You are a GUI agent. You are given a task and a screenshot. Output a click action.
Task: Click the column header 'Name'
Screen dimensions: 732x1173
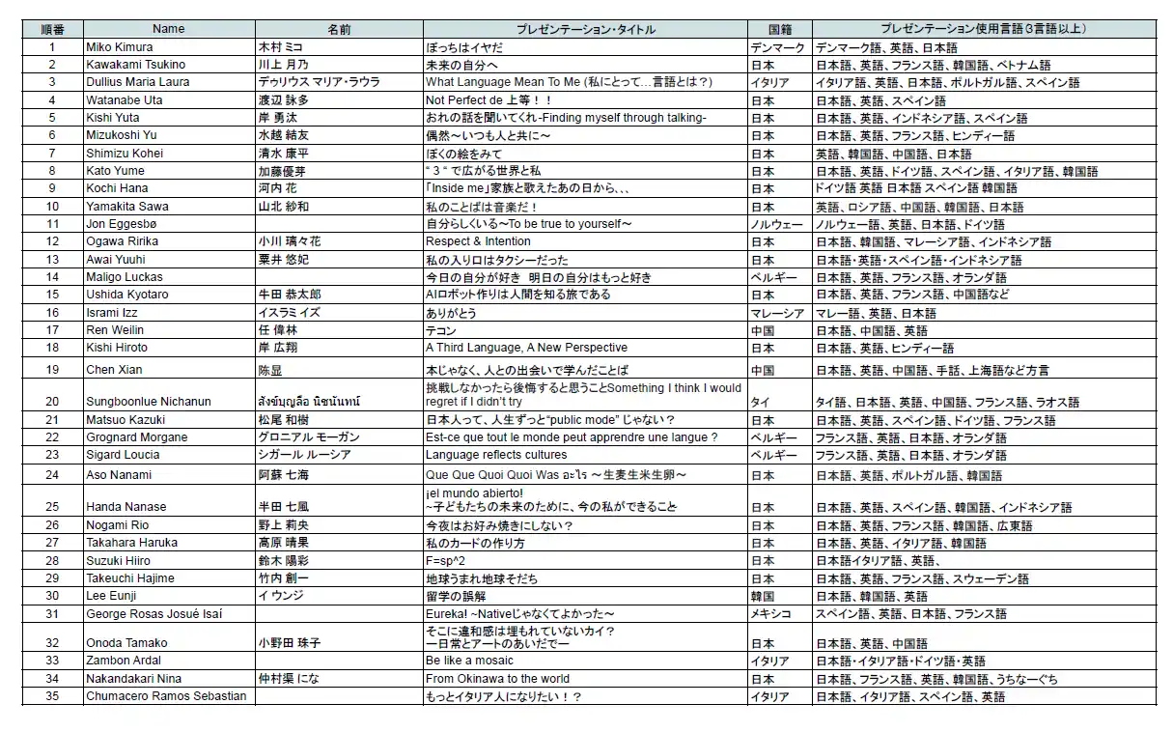click(168, 30)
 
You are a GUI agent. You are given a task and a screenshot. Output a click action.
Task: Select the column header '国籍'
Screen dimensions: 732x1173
click(779, 30)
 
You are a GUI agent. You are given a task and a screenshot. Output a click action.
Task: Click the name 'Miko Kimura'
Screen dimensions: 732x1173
click(120, 47)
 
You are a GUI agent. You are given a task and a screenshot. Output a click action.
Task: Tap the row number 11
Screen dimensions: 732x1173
click(52, 224)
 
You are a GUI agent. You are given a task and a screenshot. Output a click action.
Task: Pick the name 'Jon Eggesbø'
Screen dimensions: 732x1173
click(121, 224)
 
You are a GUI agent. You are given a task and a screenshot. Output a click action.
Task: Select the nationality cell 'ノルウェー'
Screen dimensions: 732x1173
click(777, 224)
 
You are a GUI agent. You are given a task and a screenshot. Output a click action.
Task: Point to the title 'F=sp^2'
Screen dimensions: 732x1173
click(446, 560)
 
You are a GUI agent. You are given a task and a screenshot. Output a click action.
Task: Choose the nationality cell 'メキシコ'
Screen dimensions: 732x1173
click(771, 613)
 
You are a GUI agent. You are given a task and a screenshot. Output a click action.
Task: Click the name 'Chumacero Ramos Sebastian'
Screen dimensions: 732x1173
click(166, 696)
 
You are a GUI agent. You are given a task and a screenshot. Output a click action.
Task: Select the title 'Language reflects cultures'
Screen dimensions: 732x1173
click(496, 455)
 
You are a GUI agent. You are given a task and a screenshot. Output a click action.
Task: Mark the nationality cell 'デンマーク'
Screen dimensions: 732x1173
click(777, 47)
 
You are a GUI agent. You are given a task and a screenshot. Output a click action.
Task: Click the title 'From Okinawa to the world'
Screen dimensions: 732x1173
click(497, 679)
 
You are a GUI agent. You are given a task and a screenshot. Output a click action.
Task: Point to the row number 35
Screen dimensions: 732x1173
click(52, 696)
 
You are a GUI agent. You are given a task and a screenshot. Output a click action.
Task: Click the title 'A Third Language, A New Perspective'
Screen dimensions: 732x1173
click(526, 348)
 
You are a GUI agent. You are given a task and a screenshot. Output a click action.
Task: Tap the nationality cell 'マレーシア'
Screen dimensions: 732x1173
click(777, 313)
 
